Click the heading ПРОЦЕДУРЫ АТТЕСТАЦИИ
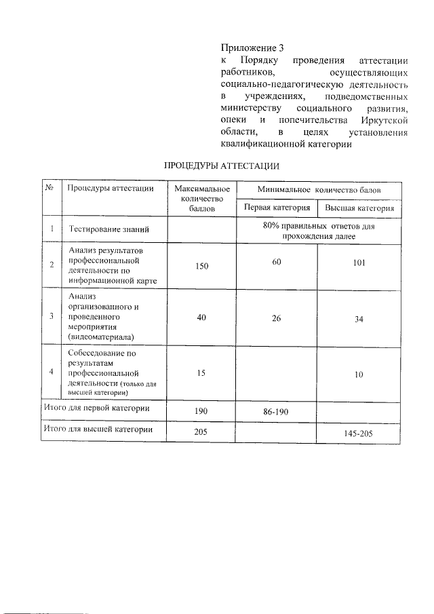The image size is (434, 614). [221, 166]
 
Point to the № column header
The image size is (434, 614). [49, 188]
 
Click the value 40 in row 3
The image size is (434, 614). [201, 316]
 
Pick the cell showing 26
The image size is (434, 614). [276, 316]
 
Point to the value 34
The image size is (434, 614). [359, 320]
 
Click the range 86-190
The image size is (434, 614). [276, 412]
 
